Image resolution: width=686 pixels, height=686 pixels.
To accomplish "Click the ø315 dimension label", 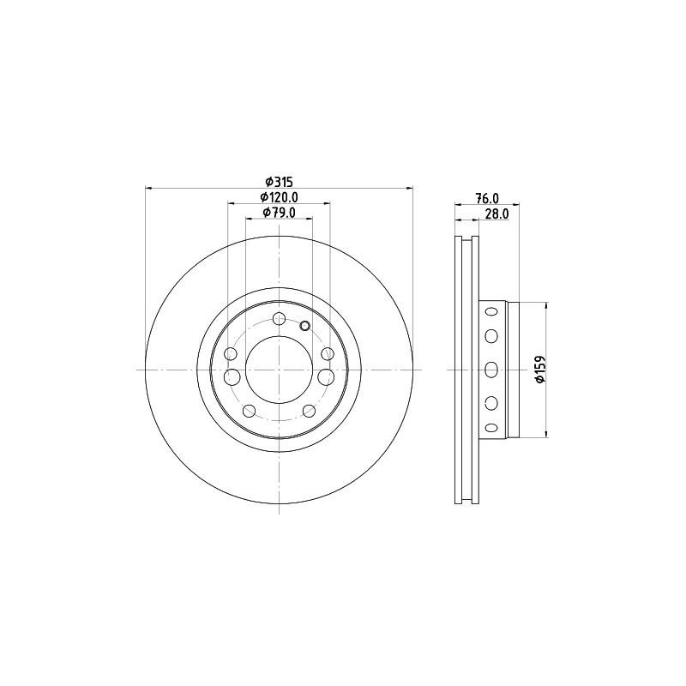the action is click(x=280, y=181).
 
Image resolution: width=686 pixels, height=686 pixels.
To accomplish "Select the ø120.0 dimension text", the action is click(x=279, y=197).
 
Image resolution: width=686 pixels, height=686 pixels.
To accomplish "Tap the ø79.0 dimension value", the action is click(x=280, y=212).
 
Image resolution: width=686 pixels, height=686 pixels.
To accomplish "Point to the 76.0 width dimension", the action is click(x=487, y=198).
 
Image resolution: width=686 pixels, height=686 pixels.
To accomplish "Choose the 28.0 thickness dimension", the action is click(x=497, y=214).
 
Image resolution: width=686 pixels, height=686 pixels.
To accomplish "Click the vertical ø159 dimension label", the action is click(x=541, y=370).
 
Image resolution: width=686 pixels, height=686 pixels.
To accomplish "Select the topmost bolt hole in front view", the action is click(x=280, y=318).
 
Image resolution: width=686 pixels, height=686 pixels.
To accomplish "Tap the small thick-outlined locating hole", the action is click(x=305, y=326).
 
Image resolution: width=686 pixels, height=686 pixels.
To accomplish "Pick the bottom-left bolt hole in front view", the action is click(x=249, y=411).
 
